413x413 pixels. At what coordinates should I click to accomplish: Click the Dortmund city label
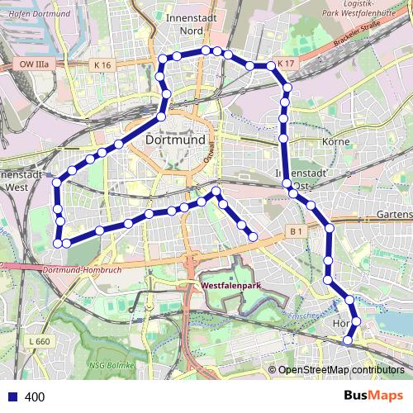174,140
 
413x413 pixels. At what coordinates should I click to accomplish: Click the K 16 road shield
102,64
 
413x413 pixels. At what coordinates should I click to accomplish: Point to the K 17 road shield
286,64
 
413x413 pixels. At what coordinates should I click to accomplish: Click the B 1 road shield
296,232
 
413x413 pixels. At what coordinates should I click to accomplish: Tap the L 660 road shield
38,341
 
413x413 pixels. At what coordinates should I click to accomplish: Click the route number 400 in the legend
35,396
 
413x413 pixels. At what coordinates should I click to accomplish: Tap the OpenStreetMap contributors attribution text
340,370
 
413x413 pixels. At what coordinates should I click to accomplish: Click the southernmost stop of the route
348,339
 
